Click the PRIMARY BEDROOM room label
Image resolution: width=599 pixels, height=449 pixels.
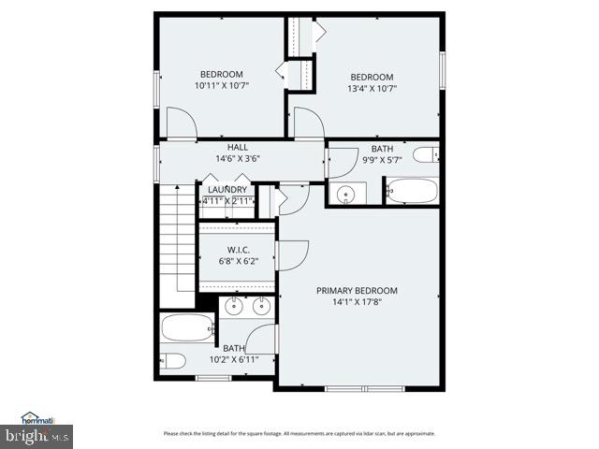[357, 290]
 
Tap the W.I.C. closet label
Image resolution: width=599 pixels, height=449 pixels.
[237, 250]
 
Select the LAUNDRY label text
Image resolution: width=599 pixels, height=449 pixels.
[227, 190]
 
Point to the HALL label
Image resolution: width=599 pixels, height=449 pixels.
[238, 148]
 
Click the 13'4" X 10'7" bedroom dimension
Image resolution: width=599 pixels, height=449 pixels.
[372, 90]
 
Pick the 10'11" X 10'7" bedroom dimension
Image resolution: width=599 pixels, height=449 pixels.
[221, 86]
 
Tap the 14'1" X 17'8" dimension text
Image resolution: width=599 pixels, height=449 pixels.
[357, 301]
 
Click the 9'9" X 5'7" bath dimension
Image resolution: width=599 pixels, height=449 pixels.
[382, 161]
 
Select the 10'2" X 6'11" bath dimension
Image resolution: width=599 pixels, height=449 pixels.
[234, 359]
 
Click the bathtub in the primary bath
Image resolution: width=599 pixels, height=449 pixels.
[187, 327]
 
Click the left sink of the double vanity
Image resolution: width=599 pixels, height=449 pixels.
[235, 305]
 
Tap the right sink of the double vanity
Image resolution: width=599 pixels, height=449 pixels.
[260, 305]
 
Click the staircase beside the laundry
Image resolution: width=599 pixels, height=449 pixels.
[175, 243]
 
